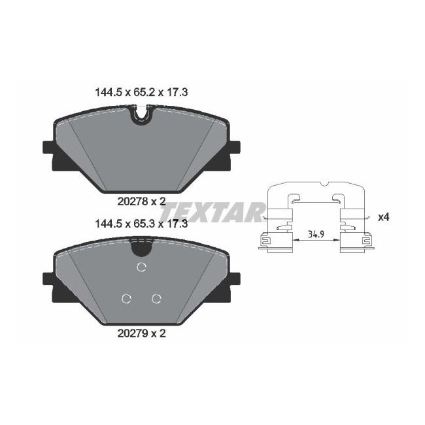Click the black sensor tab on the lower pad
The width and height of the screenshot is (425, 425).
coord(141,246)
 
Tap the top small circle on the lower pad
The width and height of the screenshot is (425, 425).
coord(141,266)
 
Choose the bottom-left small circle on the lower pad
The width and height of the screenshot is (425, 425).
coord(126,299)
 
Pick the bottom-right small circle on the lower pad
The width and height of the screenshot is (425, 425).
coord(156,299)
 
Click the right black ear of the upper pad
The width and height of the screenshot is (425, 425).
coord(233,153)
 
